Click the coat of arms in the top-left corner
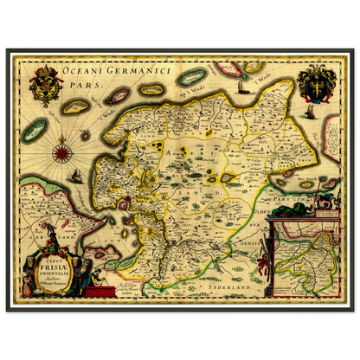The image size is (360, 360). click(45, 87)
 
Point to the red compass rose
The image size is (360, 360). click(62, 154)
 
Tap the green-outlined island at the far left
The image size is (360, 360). click(37, 130)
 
